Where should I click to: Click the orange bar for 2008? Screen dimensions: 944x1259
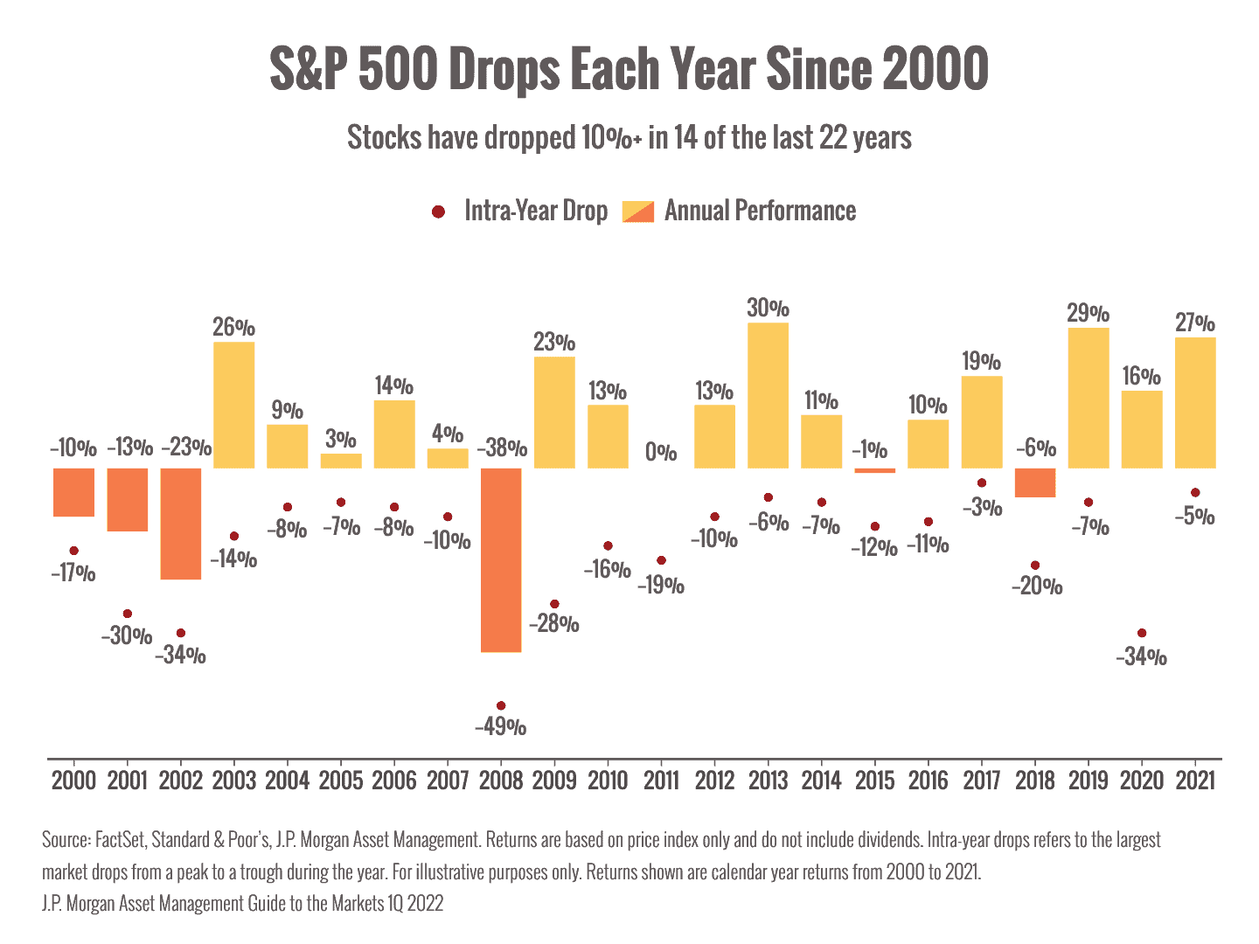[501, 559]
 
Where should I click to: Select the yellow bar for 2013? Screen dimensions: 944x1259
[768, 395]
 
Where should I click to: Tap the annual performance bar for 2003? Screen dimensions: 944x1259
[234, 405]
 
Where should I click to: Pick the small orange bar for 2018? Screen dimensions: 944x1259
[1035, 482]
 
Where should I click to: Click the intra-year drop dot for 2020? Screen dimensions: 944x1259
[1142, 633]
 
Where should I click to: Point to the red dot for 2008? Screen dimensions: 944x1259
[501, 705]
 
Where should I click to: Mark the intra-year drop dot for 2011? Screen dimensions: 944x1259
[661, 560]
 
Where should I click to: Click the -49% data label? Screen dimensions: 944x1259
[501, 726]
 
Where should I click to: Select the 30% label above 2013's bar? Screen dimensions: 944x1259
[768, 308]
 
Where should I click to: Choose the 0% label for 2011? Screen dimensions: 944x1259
[661, 452]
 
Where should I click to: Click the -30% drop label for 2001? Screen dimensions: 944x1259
[127, 636]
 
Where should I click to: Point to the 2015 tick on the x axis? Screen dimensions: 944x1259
[874, 780]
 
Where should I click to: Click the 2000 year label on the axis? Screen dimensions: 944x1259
[73, 780]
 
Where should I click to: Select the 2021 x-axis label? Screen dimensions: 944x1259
[1195, 780]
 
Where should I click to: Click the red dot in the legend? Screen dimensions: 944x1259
[439, 212]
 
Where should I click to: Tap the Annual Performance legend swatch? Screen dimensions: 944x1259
[637, 212]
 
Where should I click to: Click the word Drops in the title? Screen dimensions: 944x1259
[504, 69]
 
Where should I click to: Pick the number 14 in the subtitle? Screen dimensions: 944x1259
[685, 138]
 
